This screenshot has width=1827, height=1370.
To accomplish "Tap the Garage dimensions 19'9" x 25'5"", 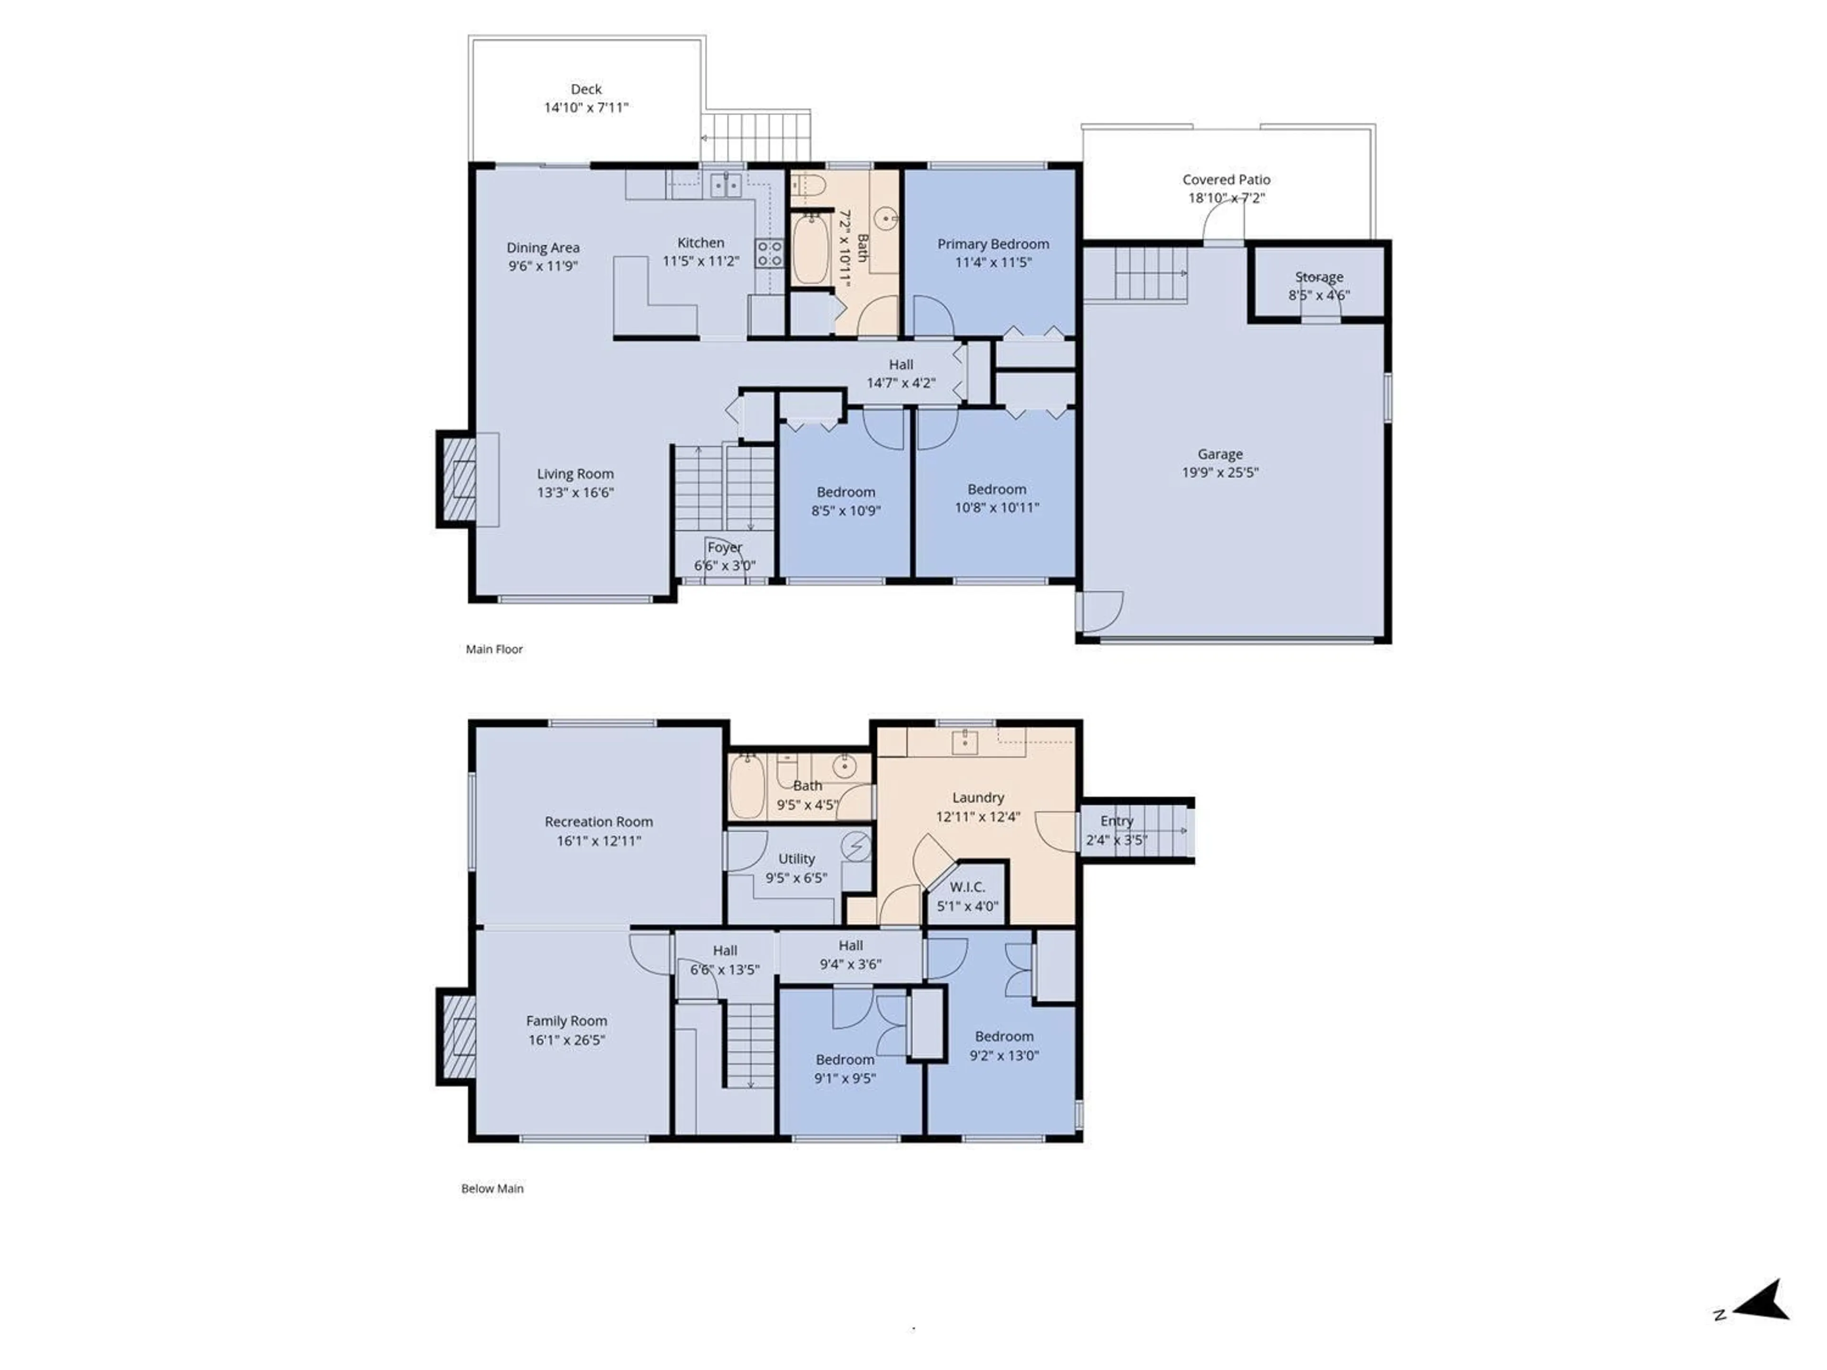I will pos(1220,472).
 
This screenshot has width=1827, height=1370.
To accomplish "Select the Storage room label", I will pos(1318,277).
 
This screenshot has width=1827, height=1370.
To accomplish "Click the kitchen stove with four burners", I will pos(769,253).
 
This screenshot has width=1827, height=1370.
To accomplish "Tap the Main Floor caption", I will pos(494,649).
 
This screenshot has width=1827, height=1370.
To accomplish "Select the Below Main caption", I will pos(492,1188).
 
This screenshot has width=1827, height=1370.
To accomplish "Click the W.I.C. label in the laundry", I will pos(967,887).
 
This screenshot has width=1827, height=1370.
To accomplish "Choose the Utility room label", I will pos(796,859).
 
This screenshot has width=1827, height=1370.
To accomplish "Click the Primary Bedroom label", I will pos(993,244).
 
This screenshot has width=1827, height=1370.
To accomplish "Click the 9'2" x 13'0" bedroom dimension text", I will pos(1003,1056).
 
